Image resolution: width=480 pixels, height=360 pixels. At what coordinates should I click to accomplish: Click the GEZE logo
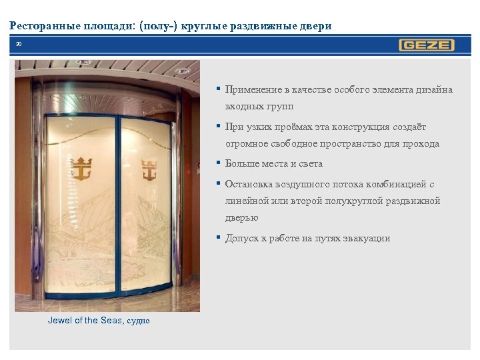(427, 45)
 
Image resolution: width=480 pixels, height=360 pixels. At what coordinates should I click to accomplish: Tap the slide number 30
(19, 45)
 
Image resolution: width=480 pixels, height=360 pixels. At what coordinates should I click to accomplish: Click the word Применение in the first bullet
(251, 89)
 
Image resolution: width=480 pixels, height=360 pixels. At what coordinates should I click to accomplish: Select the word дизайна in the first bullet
(434, 89)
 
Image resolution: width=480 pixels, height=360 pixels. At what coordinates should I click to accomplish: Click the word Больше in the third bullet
(241, 163)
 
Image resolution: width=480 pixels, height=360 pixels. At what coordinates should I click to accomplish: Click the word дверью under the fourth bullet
(241, 217)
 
